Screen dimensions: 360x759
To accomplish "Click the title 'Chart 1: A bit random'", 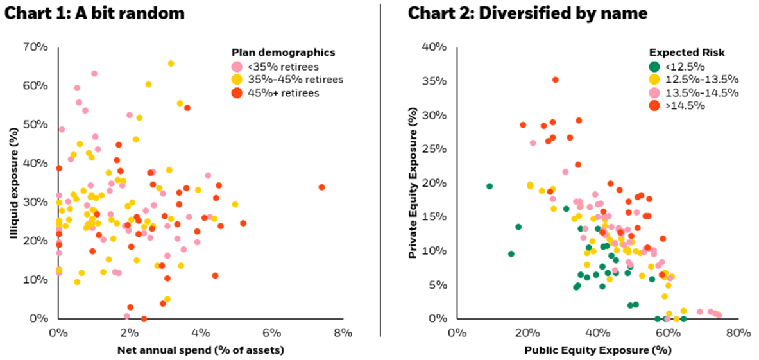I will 94,12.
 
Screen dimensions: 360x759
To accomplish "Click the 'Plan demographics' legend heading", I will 283,53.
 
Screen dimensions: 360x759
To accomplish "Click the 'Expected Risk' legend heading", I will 682,53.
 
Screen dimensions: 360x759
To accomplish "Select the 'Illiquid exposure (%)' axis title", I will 14,183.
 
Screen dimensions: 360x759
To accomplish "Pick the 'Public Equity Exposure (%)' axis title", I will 597,350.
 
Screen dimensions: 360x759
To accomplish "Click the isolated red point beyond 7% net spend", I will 321,187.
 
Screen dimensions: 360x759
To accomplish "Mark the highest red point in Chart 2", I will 556,80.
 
